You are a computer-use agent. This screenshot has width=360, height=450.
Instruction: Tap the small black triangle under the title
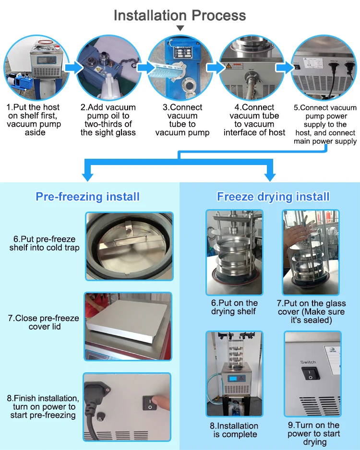click(x=180, y=29)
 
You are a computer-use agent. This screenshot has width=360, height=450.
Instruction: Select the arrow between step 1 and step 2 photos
click(x=73, y=67)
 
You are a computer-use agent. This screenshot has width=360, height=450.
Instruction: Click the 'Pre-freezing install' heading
click(x=87, y=196)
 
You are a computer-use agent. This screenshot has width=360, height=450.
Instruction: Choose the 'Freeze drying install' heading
click(x=273, y=196)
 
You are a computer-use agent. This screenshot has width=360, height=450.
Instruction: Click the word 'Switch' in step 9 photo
click(x=308, y=362)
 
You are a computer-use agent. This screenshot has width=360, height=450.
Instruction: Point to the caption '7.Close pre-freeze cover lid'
click(x=44, y=322)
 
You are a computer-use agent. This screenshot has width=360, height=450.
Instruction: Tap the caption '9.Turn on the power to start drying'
click(x=313, y=433)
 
